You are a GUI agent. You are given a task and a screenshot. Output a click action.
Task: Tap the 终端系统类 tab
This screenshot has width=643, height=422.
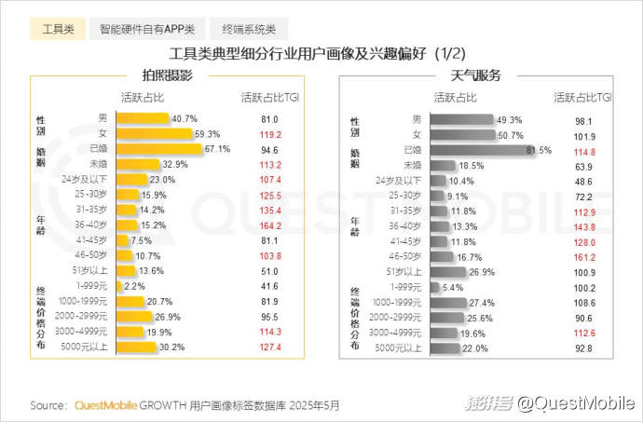pos(249,30)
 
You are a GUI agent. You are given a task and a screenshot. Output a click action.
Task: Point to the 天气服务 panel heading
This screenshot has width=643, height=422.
pos(476,75)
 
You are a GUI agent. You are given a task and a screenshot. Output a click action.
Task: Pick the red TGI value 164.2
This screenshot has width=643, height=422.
pos(270,225)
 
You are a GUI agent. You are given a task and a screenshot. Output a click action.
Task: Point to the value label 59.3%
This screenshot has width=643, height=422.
pos(207,134)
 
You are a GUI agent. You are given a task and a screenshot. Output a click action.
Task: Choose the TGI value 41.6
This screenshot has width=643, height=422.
pos(270,286)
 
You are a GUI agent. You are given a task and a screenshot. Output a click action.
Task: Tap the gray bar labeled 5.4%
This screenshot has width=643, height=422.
pos(432,286)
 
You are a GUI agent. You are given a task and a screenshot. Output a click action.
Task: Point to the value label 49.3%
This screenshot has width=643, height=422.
pos(509,119)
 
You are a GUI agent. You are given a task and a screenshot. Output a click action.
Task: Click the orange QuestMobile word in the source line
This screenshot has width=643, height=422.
pos(104,405)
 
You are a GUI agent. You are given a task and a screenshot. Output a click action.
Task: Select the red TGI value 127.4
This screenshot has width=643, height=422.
pos(270,347)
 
